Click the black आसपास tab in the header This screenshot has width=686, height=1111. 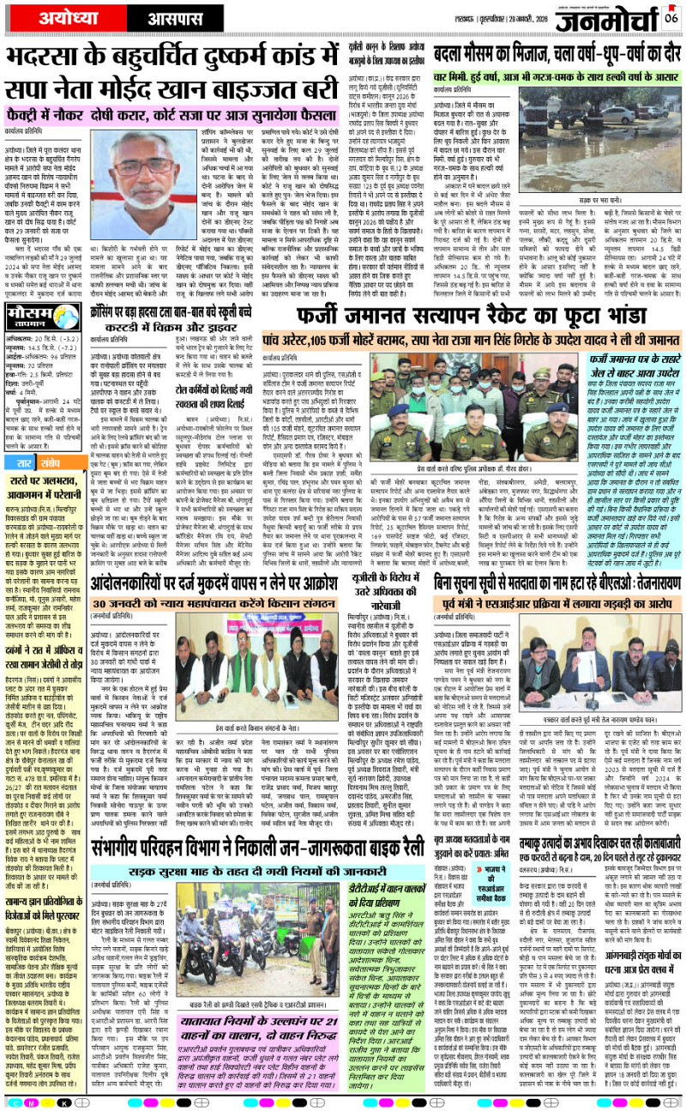tap(144, 16)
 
